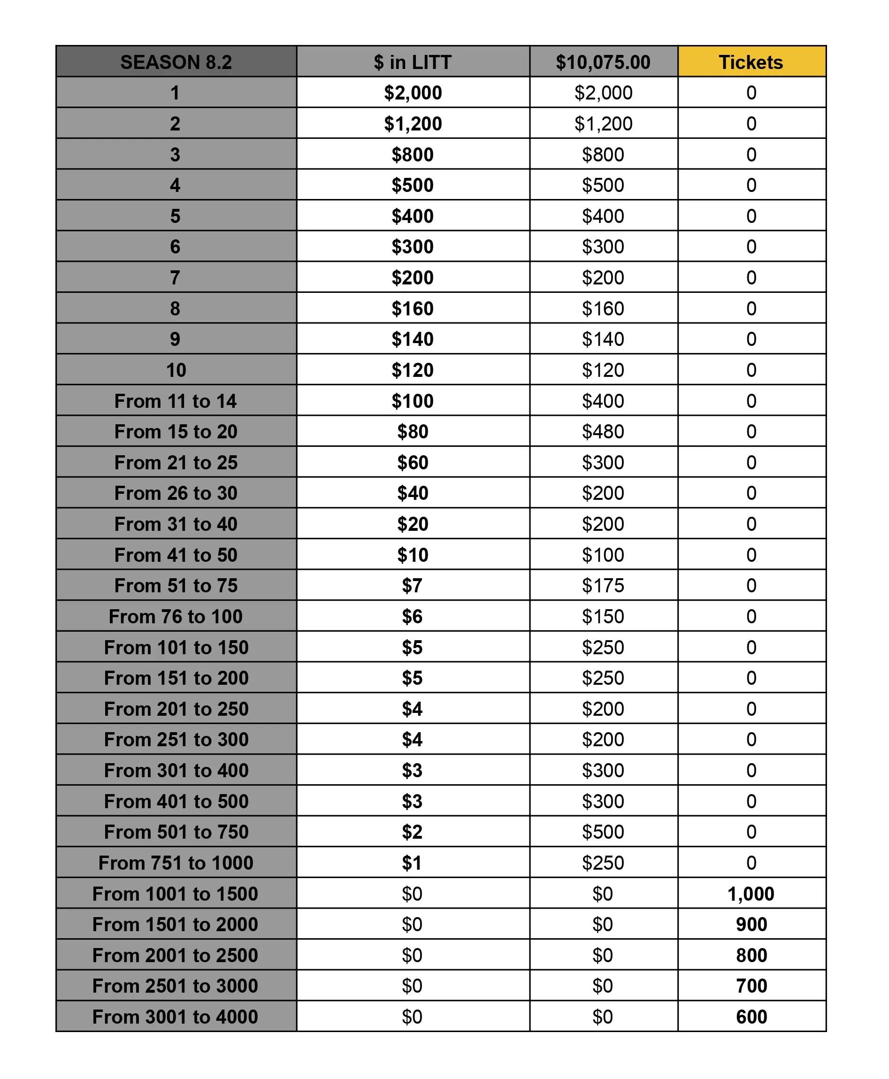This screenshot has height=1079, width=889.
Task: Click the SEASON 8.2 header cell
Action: coord(176,62)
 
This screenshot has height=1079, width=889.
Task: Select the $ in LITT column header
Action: coord(412,62)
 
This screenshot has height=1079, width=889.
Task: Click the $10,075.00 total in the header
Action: coord(603,62)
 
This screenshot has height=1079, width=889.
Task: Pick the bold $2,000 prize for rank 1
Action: coord(413,92)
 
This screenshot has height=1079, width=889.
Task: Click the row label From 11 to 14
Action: coord(176,401)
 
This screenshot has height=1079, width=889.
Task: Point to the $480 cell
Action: coord(603,432)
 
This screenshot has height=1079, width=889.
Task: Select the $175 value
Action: coord(603,585)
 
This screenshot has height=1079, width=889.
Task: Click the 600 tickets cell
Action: coord(751,1017)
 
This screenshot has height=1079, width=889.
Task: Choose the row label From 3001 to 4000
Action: coord(175,1017)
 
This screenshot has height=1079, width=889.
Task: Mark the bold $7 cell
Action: coord(412,585)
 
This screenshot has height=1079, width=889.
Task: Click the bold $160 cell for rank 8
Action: coord(412,308)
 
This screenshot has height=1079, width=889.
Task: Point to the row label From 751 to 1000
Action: coord(176,863)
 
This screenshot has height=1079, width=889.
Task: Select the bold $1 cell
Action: coord(412,863)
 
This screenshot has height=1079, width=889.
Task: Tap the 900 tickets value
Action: coord(751,924)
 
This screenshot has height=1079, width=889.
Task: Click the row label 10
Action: coord(176,370)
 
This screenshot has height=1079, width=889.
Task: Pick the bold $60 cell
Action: coord(413,462)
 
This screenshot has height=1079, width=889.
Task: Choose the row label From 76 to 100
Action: coord(176,617)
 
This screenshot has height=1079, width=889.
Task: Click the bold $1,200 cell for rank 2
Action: coord(413,123)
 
